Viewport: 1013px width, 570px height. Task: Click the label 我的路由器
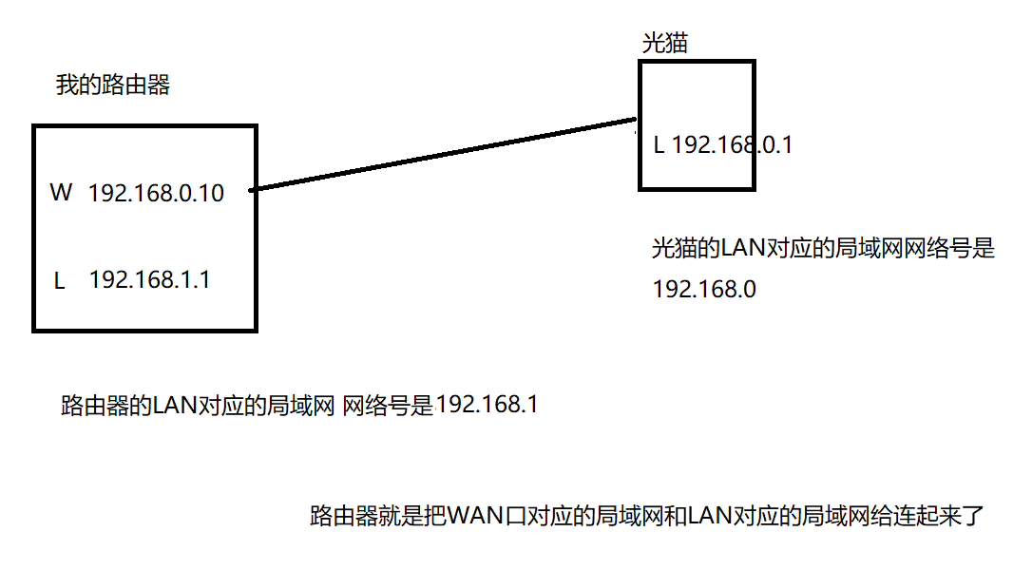click(x=112, y=85)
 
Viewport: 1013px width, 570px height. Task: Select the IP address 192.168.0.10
click(x=156, y=194)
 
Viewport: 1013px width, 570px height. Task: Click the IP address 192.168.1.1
click(x=149, y=280)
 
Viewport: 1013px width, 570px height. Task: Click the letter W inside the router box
click(x=61, y=194)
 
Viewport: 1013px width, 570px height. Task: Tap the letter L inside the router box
click(x=59, y=281)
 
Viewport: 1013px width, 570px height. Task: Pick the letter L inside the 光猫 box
click(x=659, y=145)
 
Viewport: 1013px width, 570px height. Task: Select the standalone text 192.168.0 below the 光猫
click(x=704, y=290)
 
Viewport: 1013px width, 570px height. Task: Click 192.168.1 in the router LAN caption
click(x=487, y=405)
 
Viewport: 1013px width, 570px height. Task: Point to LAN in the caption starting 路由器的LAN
click(x=173, y=406)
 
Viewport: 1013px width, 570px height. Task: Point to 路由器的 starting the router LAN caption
click(x=105, y=406)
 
